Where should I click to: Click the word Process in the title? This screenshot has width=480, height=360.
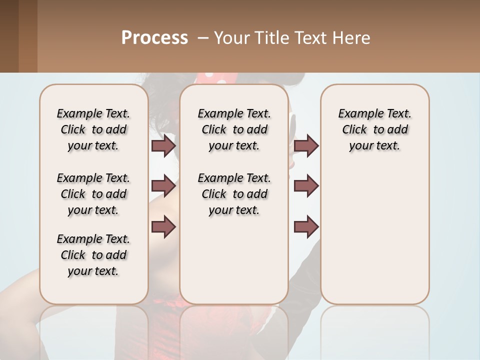(154, 38)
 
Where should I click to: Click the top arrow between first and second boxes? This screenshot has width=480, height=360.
(163, 146)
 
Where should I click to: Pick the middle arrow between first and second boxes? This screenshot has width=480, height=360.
(163, 186)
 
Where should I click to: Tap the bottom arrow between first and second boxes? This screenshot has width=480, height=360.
(163, 226)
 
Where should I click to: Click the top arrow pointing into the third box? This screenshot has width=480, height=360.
(306, 146)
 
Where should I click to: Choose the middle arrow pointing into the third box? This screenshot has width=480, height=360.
(306, 186)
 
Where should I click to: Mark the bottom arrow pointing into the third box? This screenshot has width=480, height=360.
(306, 226)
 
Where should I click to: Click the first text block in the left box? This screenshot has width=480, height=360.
(93, 129)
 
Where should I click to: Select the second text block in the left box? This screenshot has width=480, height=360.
(93, 194)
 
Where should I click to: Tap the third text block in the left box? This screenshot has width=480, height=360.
(93, 255)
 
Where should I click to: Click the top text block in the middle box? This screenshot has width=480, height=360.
(234, 129)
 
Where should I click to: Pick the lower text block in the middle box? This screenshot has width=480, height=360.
(234, 194)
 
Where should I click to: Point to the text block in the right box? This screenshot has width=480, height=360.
(374, 129)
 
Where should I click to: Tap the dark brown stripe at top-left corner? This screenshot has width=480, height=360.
(9, 36)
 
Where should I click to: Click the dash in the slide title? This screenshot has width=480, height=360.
(202, 38)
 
